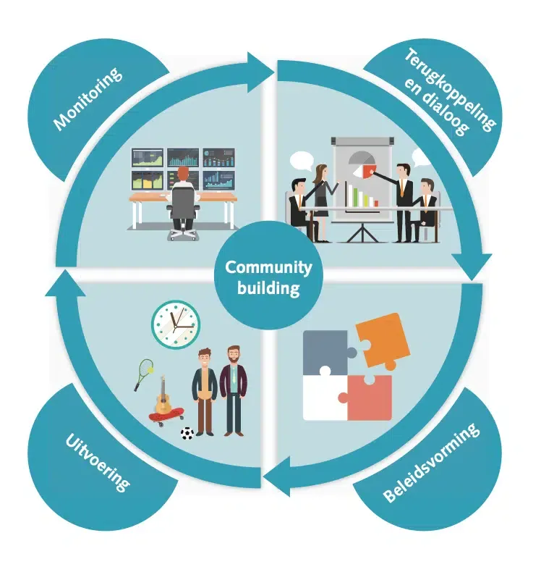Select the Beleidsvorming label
(432, 463)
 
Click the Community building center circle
(268, 277)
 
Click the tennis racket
(142, 372)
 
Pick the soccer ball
(187, 434)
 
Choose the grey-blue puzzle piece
(328, 353)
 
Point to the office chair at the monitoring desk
(182, 210)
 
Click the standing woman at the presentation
(320, 200)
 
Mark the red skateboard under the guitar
(165, 417)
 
